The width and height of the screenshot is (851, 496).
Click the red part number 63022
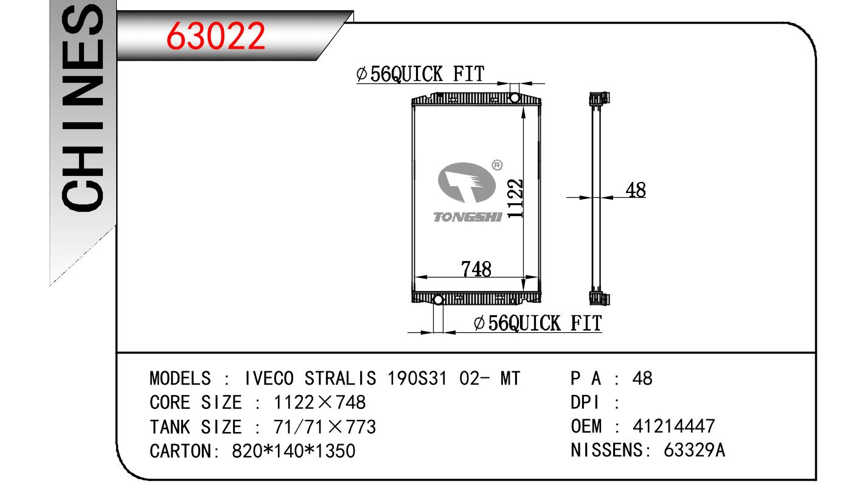[215, 36]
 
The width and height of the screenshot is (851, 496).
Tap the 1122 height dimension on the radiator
[515, 198]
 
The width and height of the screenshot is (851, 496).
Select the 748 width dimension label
[476, 269]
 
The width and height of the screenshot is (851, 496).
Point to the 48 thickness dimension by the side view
[636, 190]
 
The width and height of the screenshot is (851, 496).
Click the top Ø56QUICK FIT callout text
[420, 74]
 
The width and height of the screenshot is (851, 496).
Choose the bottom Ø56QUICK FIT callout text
[538, 323]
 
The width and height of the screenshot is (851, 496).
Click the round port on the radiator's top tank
[515, 98]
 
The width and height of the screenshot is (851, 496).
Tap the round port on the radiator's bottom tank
[438, 300]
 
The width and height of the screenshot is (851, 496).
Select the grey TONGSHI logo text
[468, 217]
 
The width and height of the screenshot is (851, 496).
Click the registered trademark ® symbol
[497, 165]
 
